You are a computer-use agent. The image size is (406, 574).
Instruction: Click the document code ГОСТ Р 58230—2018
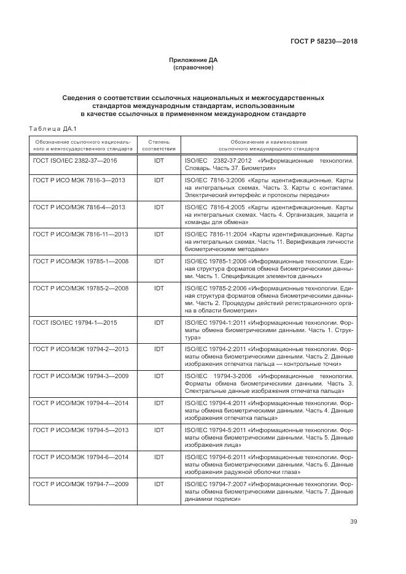click(323, 42)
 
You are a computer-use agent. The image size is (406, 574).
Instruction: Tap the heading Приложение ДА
click(193, 60)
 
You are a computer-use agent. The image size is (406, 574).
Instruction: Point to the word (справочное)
click(193, 68)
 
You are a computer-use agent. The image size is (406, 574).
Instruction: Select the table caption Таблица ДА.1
click(52, 128)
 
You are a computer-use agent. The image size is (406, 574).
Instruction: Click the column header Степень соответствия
click(159, 145)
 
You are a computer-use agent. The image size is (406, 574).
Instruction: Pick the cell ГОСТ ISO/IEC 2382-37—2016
click(75, 160)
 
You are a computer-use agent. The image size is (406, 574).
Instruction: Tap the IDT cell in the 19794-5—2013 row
click(159, 429)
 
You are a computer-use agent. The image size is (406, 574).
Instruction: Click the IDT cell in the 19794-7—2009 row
click(159, 484)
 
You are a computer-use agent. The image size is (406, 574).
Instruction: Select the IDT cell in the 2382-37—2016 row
click(159, 160)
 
